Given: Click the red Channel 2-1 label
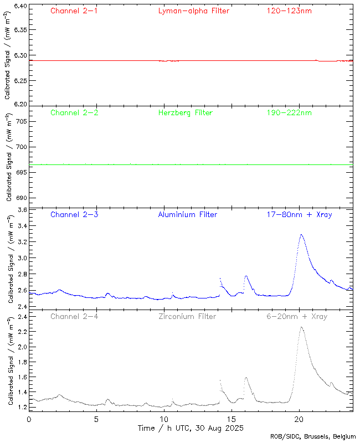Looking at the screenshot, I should click(74, 11).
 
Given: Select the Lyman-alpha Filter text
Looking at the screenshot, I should click(193, 11).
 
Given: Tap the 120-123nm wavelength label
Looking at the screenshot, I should click(289, 11).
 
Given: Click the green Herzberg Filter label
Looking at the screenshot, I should click(186, 112).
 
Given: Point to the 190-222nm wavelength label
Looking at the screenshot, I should click(289, 112).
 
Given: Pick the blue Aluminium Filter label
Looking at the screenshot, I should click(187, 214).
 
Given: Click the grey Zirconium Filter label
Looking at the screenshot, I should click(187, 316).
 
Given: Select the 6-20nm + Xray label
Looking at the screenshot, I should click(297, 316).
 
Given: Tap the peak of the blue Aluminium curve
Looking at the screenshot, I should click(301, 234).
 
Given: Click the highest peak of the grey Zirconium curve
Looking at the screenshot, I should click(301, 327).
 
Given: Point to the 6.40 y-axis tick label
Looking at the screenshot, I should click(19, 7).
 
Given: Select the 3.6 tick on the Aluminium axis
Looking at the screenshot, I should click(21, 210).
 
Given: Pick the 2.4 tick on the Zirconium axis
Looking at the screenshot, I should click(21, 317).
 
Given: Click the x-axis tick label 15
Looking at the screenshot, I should click(232, 420).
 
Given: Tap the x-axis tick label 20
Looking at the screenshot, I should click(299, 420).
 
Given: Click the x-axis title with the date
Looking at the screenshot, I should click(191, 428).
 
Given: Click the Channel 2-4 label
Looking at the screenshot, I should click(74, 316).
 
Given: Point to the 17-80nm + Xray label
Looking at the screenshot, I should click(299, 214).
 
